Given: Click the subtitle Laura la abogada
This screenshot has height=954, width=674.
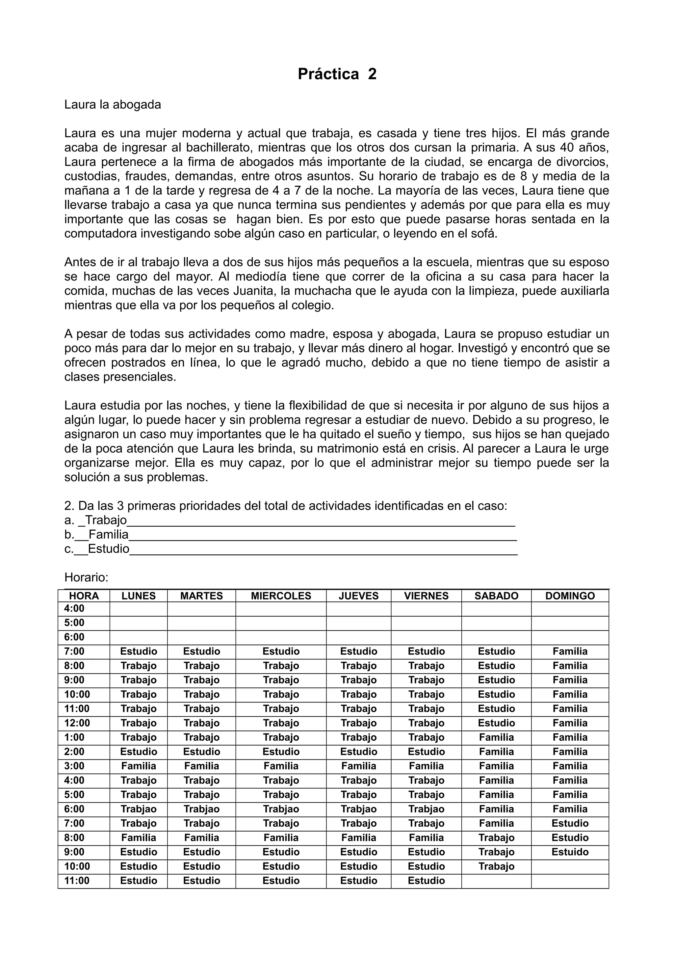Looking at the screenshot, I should point(113,104).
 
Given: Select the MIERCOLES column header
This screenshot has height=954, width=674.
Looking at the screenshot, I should point(281,596).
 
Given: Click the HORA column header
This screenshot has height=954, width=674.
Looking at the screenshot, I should point(84,596).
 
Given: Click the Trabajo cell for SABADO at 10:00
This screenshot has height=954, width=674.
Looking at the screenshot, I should point(496,866).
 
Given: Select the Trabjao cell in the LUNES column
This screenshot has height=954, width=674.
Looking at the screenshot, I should point(139,809).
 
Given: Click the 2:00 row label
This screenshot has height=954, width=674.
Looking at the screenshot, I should point(74,752).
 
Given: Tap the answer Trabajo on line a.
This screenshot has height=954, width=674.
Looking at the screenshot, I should point(106,520).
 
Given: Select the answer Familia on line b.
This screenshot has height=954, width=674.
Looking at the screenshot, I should point(108,534).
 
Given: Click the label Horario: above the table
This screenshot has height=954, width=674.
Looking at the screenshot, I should point(86,577).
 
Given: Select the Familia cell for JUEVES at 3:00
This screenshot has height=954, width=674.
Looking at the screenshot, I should point(358,766).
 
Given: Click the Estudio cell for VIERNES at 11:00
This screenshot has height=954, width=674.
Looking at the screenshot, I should point(426,881).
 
